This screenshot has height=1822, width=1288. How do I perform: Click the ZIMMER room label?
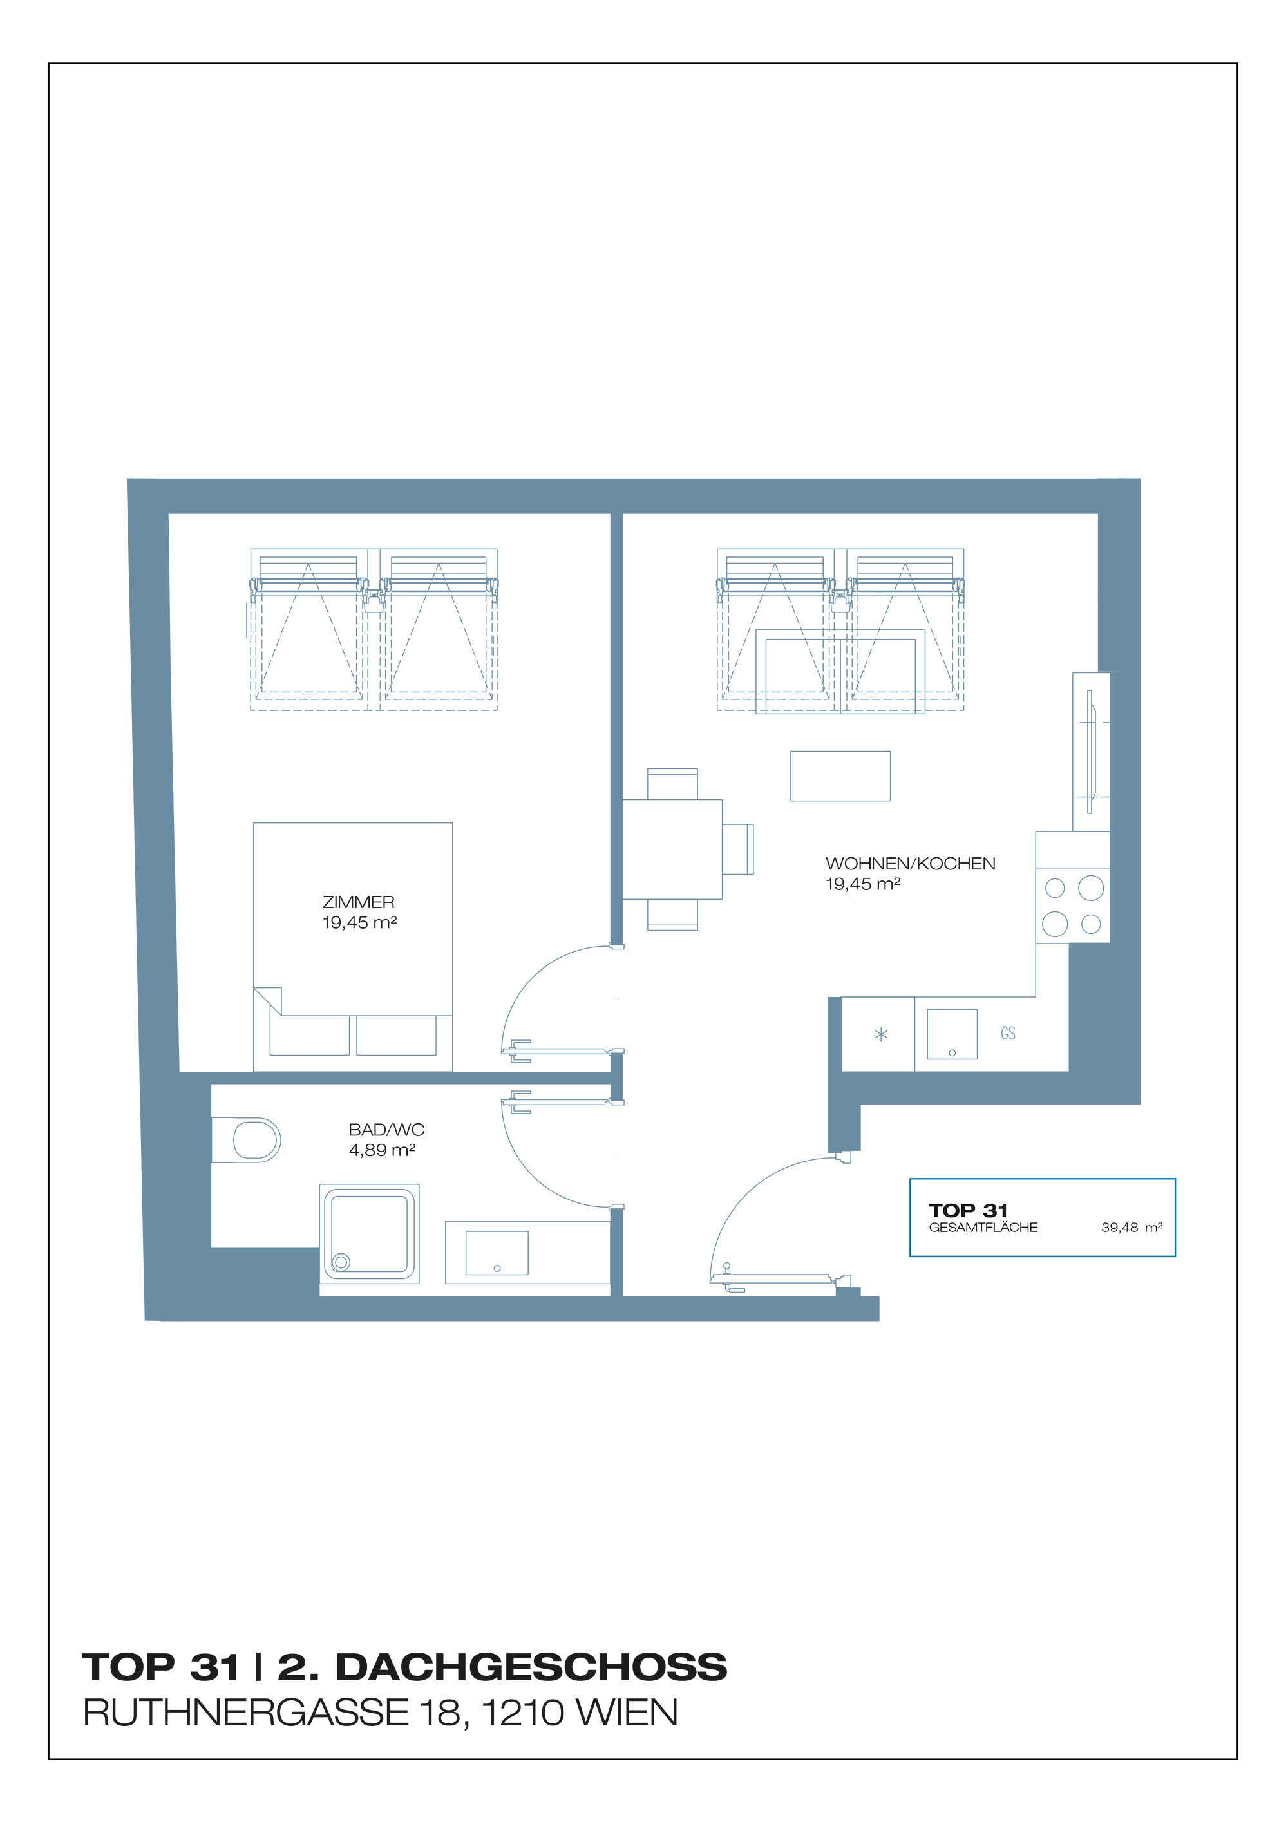click(x=358, y=902)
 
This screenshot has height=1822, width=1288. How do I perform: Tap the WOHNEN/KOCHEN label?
click(x=910, y=864)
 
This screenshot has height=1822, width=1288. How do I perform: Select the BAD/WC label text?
click(x=386, y=1129)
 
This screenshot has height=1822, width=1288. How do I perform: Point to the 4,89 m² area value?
click(x=382, y=1150)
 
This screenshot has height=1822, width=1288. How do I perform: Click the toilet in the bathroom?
click(x=246, y=1141)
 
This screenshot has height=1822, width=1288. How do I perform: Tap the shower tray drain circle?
click(x=341, y=1262)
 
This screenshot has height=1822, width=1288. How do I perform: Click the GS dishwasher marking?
click(x=1008, y=1033)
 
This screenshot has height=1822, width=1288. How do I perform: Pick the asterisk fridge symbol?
click(x=881, y=1034)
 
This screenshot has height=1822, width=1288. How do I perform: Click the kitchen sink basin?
click(x=952, y=1034)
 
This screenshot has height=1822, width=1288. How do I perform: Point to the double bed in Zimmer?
click(x=353, y=947)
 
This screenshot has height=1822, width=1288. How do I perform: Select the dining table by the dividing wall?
click(x=672, y=849)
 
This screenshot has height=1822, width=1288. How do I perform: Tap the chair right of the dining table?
click(x=738, y=849)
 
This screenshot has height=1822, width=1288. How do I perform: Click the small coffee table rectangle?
click(x=840, y=776)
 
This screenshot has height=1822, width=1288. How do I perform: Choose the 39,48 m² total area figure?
click(x=1132, y=1228)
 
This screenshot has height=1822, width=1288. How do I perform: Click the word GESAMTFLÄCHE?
click(x=983, y=1228)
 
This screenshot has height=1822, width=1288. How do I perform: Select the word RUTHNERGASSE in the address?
click(x=246, y=1713)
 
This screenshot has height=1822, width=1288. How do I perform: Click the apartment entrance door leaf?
click(x=780, y=1278)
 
